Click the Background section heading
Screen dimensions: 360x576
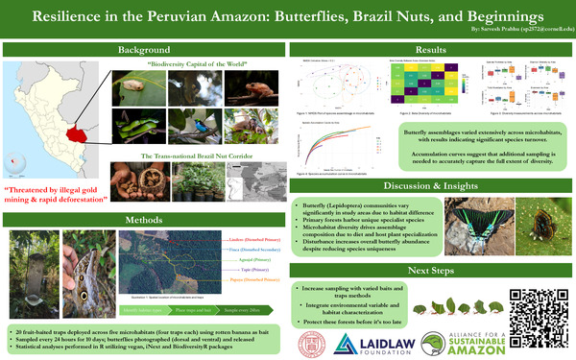click(144, 49)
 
